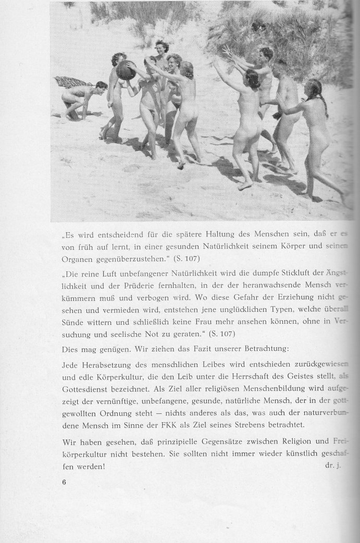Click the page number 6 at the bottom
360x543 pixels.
(64, 482)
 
